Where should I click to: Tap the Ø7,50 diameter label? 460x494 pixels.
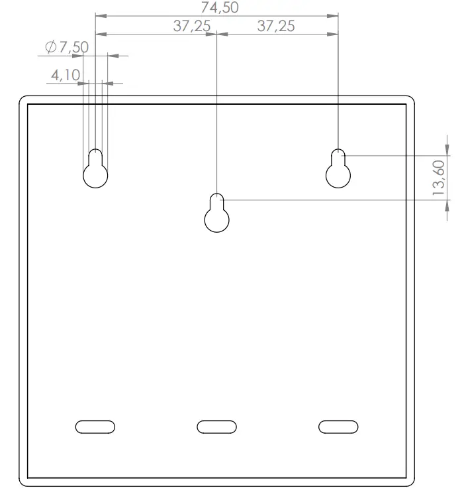tap(66, 48)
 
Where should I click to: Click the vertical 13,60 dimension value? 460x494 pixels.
tap(438, 178)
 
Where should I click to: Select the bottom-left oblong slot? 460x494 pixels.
tap(95, 426)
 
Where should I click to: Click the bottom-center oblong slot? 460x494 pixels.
tap(216, 426)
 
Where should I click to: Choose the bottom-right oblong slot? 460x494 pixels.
tap(338, 426)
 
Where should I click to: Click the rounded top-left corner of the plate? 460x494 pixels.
tap(24, 101)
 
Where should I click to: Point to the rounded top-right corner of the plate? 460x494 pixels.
tap(410, 101)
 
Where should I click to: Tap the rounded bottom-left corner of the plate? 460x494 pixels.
tap(24, 481)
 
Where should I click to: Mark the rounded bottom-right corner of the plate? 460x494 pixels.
tap(410, 481)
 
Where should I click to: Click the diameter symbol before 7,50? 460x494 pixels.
tap(50, 48)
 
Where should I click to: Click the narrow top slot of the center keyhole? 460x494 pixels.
tap(216, 202)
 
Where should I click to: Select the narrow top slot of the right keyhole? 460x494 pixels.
tap(338, 156)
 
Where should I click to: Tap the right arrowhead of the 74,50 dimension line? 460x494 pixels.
tap(334, 15)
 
